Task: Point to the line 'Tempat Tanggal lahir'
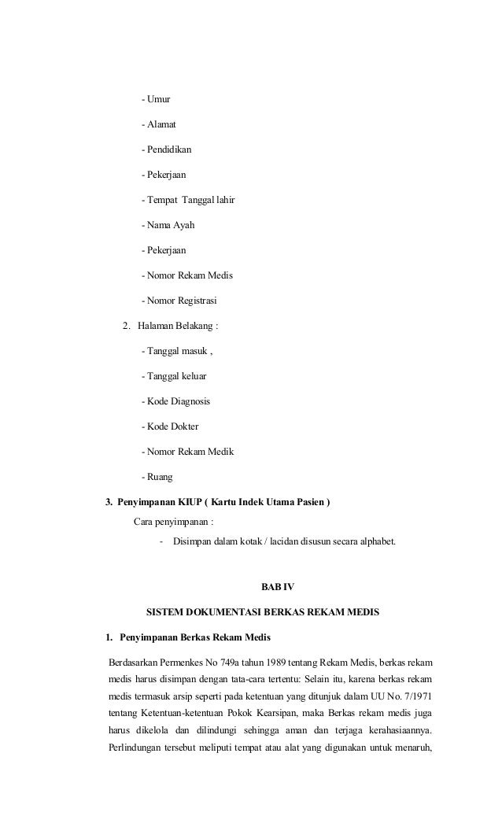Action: click(190, 200)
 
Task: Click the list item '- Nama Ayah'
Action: click(168, 225)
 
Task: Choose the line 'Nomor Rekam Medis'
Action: click(189, 275)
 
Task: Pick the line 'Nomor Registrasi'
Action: click(182, 301)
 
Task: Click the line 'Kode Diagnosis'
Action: click(178, 401)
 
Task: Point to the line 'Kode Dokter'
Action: click(172, 426)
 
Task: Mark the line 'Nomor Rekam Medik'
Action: click(190, 452)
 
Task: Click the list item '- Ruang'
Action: click(157, 477)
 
